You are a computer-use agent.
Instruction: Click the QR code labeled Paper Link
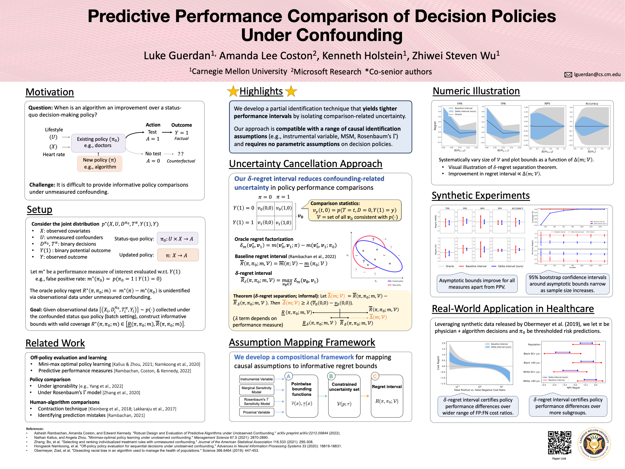point(559,443)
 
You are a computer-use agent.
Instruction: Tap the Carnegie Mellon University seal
point(594,444)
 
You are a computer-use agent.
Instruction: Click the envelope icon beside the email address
point(568,75)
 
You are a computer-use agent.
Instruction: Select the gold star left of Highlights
point(233,91)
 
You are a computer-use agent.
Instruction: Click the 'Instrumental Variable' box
point(256,379)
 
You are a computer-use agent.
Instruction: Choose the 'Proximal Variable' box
point(256,412)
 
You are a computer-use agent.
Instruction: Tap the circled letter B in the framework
point(331,376)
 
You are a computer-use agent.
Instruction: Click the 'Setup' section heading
point(40,210)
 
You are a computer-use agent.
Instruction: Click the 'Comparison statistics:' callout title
point(335,203)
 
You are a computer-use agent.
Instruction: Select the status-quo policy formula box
point(177,239)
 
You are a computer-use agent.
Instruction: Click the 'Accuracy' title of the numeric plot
point(591,103)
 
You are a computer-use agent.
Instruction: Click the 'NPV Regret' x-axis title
point(573,388)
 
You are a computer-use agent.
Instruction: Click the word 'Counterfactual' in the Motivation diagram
point(181,161)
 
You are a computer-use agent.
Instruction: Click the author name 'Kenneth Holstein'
point(362,56)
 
